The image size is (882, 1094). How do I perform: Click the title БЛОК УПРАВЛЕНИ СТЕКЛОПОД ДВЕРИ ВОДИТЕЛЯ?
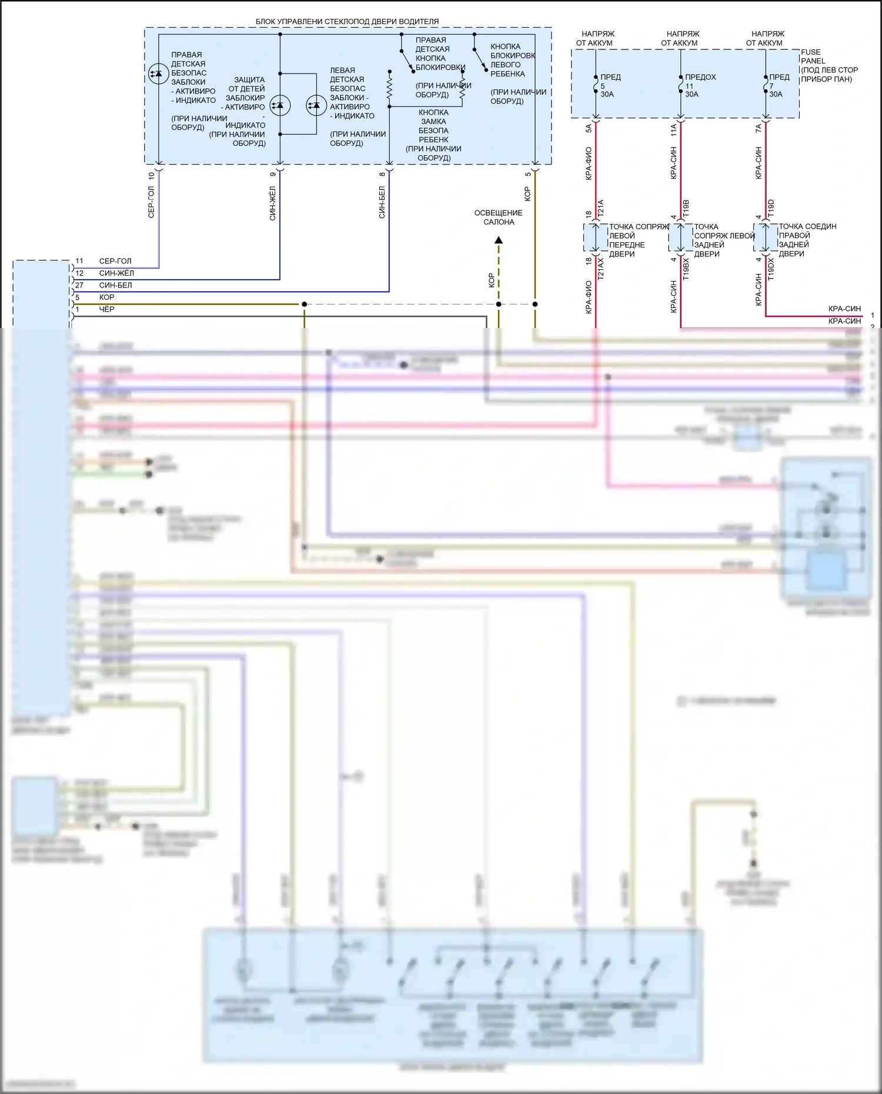point(347,22)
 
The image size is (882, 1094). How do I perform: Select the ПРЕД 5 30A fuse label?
point(610,85)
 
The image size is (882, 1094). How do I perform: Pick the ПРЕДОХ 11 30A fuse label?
point(700,85)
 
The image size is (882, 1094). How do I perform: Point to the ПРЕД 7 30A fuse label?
point(779,85)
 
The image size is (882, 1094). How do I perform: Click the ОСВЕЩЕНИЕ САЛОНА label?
point(498,218)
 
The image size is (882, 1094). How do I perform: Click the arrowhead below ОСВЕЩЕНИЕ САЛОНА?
point(499,240)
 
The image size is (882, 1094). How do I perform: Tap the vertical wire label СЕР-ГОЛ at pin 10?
point(151,202)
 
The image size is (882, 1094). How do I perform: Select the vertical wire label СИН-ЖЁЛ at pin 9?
point(273,203)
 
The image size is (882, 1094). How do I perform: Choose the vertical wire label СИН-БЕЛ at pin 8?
point(382,203)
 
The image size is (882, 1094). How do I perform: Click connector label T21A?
point(601,208)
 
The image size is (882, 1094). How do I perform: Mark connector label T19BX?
point(686,269)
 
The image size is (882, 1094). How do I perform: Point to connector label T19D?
point(771,208)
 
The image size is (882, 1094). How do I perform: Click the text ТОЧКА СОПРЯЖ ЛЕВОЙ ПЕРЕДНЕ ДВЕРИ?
point(638,240)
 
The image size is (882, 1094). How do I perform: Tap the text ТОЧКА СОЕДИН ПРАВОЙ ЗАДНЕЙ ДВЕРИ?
point(807,240)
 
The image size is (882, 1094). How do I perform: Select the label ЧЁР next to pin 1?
point(106,309)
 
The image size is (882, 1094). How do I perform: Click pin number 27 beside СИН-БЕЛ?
point(79,285)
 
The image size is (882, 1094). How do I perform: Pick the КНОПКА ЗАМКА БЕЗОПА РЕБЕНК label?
point(433,135)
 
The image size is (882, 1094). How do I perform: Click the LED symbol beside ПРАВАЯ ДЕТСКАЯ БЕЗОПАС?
point(158,73)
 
